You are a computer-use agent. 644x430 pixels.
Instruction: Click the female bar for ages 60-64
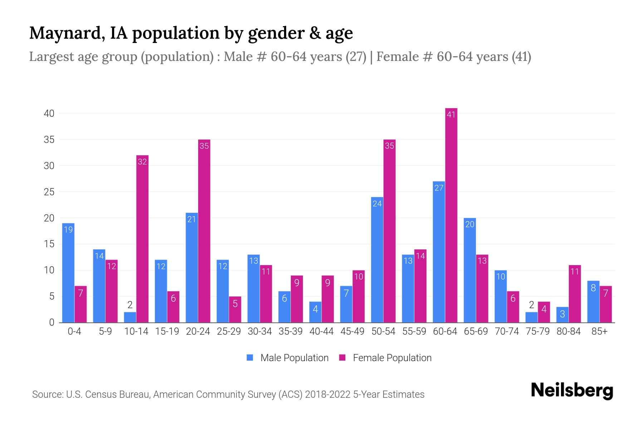pyautogui.click(x=451, y=215)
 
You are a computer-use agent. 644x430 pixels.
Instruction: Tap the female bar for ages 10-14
pyautogui.click(x=142, y=239)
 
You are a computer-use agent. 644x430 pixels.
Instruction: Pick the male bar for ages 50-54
pyautogui.click(x=377, y=260)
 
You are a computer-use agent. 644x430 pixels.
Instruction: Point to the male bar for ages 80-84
pyautogui.click(x=562, y=315)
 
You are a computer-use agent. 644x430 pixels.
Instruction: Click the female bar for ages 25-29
pyautogui.click(x=235, y=310)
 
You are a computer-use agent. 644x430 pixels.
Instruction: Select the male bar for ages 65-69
pyautogui.click(x=470, y=270)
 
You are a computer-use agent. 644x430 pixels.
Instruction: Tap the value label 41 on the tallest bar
pyautogui.click(x=451, y=115)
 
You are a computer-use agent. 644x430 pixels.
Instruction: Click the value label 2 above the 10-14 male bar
pyautogui.click(x=130, y=305)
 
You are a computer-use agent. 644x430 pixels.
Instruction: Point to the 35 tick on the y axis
pyautogui.click(x=49, y=140)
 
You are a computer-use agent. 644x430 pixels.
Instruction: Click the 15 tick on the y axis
pyautogui.click(x=49, y=244)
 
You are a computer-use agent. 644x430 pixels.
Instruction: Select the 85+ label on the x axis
pyautogui.click(x=599, y=331)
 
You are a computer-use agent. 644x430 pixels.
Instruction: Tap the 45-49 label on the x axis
pyautogui.click(x=352, y=331)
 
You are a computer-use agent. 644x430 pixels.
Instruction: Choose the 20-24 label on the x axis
pyautogui.click(x=198, y=331)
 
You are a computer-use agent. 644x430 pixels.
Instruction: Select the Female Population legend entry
pyautogui.click(x=385, y=358)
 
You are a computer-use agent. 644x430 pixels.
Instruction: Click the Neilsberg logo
pyautogui.click(x=572, y=391)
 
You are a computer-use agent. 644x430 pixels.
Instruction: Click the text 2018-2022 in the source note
pyautogui.click(x=328, y=395)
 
